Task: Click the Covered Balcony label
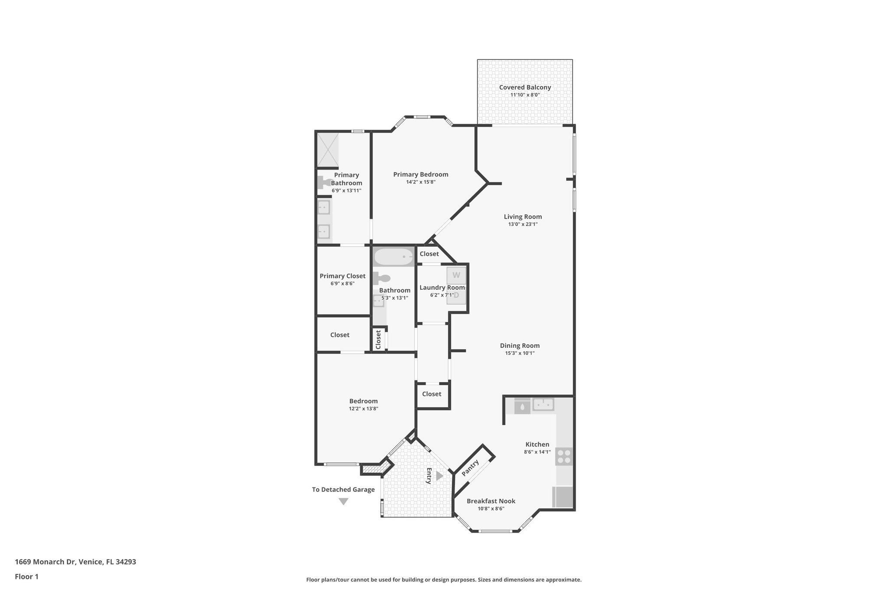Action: click(x=525, y=87)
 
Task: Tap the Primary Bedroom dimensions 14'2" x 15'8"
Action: click(x=421, y=182)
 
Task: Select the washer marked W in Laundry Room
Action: click(x=456, y=275)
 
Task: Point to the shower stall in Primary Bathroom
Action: click(x=328, y=150)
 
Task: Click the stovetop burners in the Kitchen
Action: click(x=564, y=457)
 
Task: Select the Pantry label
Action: click(x=470, y=468)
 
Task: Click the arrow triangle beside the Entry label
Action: click(x=439, y=476)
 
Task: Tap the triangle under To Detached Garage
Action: click(x=343, y=501)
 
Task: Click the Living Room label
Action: click(x=522, y=217)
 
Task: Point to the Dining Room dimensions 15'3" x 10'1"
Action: click(x=519, y=353)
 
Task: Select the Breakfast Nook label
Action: click(x=491, y=501)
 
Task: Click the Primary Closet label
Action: click(x=342, y=276)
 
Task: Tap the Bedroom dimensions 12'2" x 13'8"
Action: click(x=363, y=409)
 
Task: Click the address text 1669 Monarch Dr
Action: click(x=46, y=562)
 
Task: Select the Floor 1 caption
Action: click(x=26, y=576)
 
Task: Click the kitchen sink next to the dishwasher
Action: click(x=543, y=405)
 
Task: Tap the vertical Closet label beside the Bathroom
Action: click(x=378, y=340)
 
